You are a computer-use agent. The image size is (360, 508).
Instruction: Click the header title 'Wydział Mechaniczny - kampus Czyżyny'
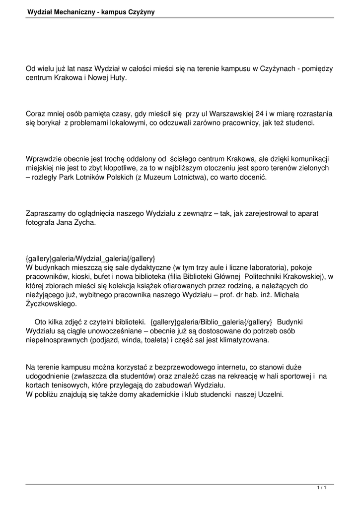pos(91,11)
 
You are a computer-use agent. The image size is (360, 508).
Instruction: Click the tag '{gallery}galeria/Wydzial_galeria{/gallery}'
pos(90,258)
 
